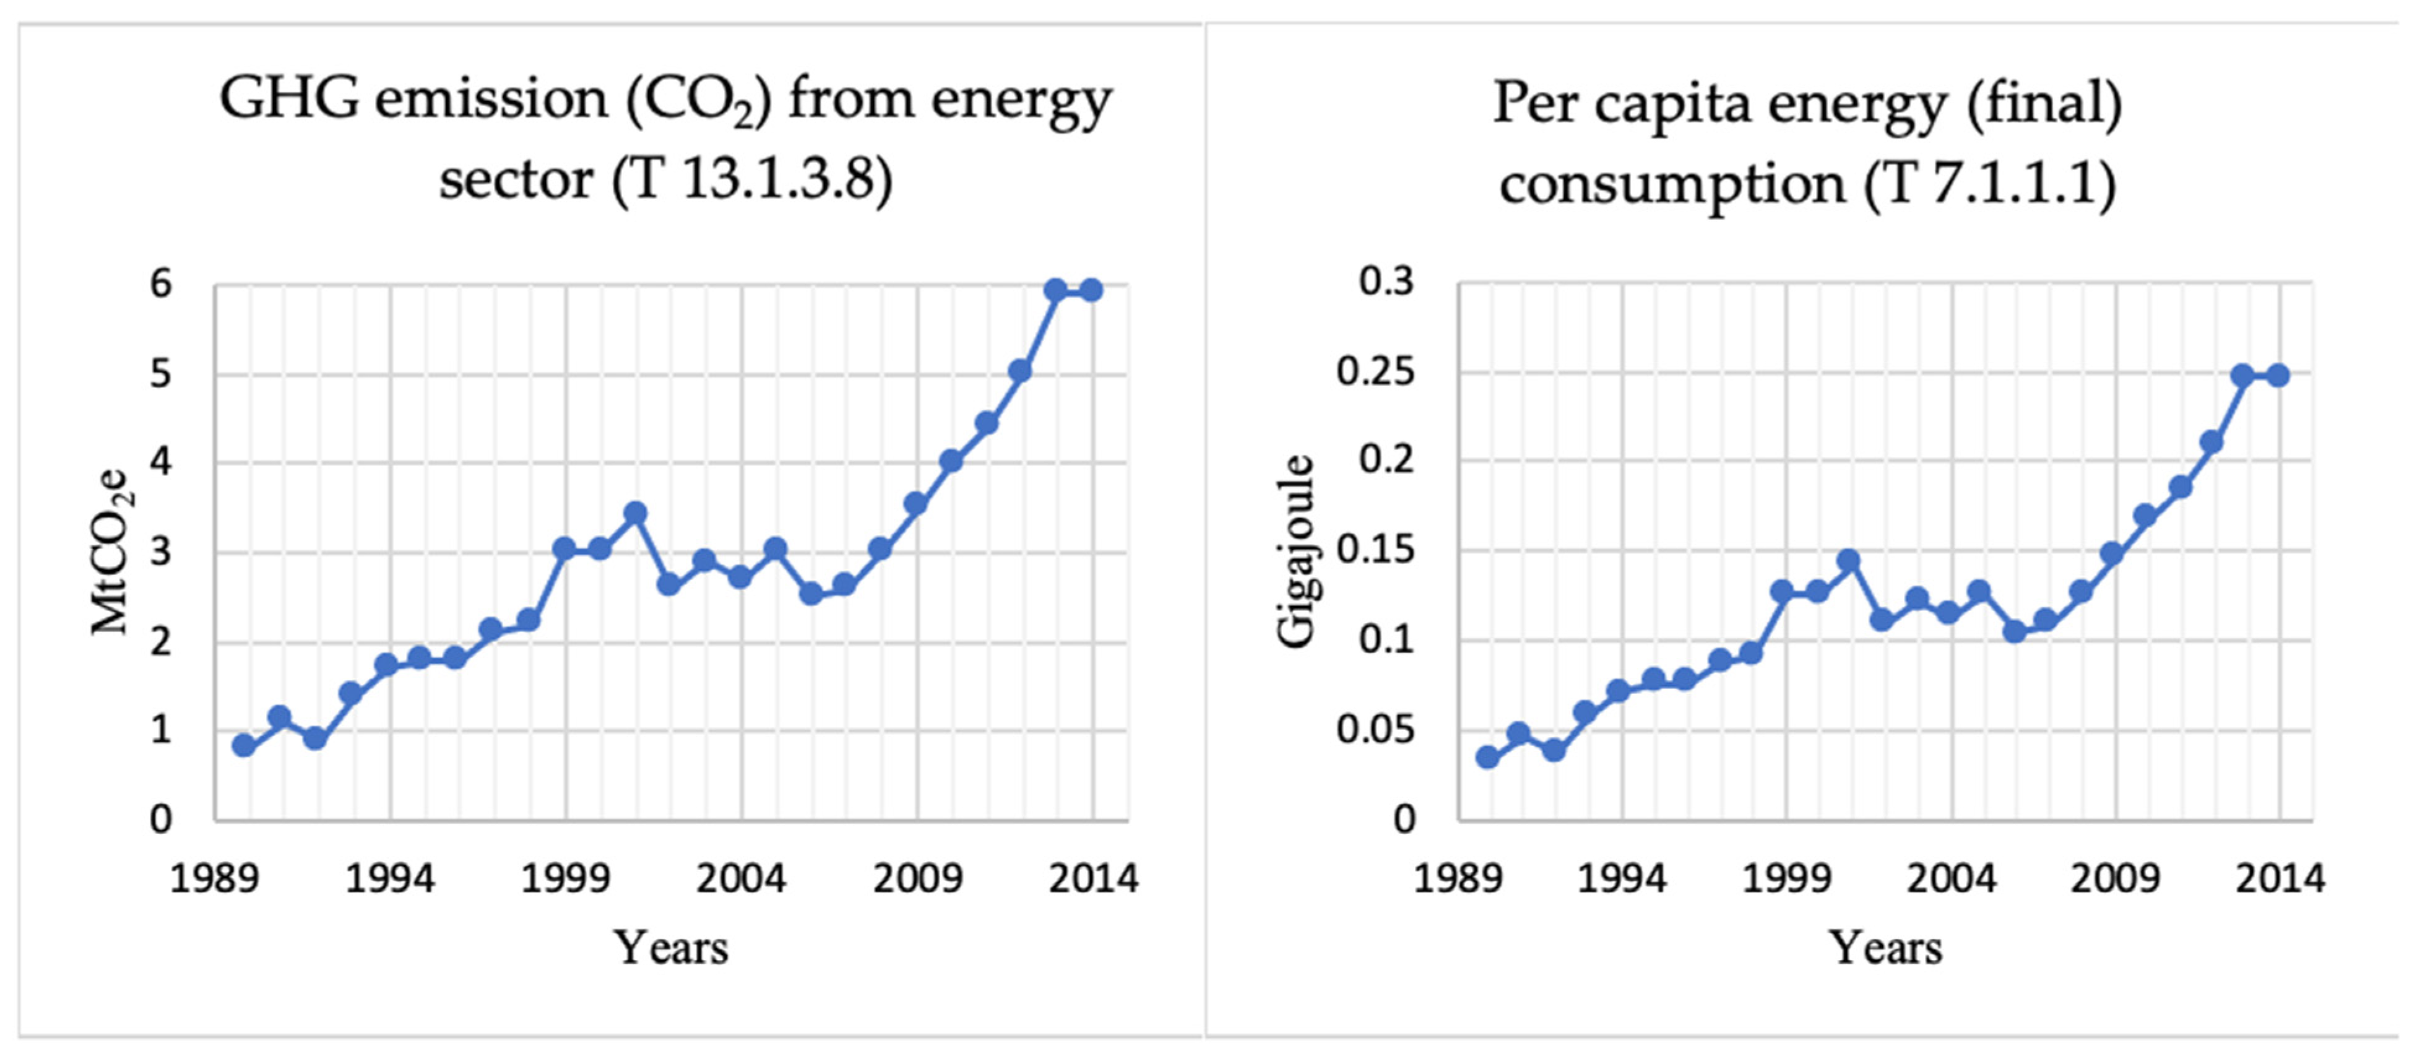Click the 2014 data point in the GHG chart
1091,290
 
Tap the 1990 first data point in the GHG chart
243,746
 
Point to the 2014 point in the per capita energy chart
2277,375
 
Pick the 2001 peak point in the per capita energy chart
1848,560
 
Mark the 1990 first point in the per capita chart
1487,757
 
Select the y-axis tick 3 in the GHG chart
162,552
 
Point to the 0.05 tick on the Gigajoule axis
1375,730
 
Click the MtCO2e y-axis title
111,552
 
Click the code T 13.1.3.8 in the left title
752,179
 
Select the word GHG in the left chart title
288,99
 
